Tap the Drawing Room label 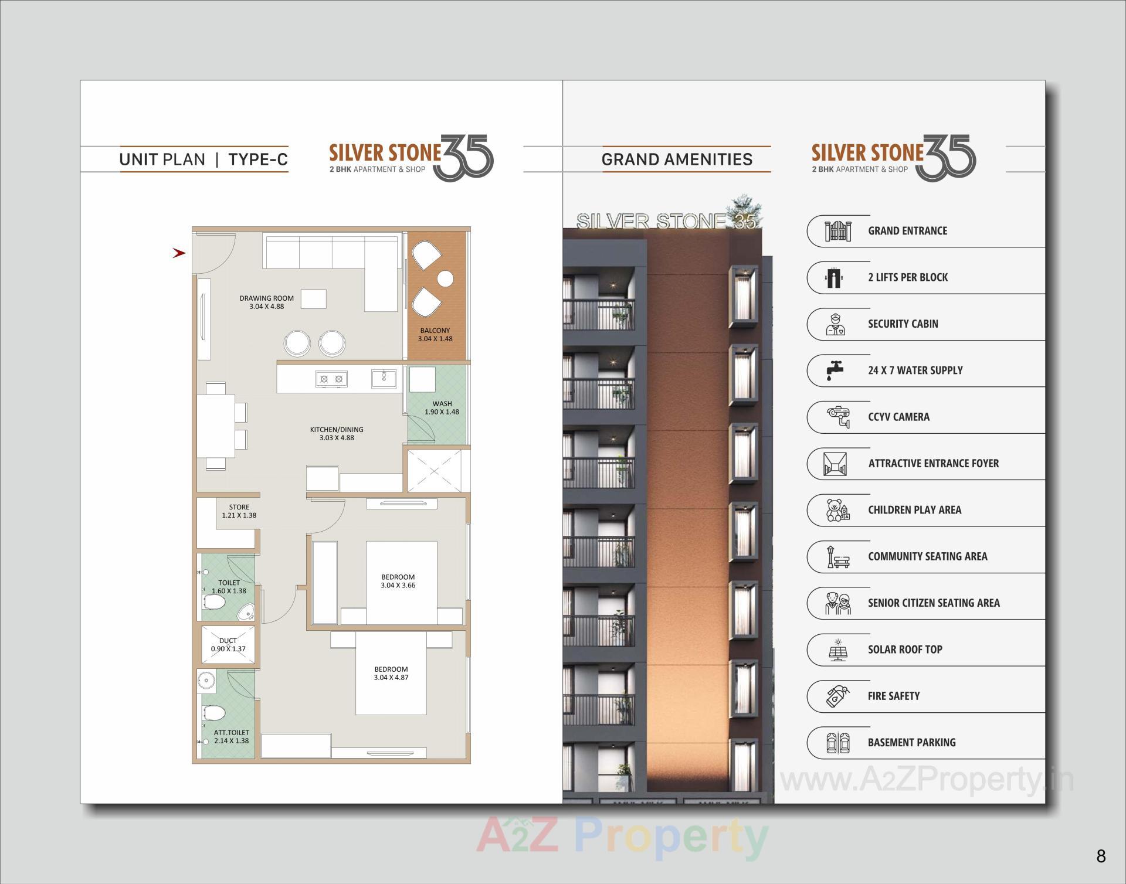(267, 298)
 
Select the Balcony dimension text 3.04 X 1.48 (435, 339)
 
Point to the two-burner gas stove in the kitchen (331, 379)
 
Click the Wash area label (442, 403)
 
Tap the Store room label (239, 507)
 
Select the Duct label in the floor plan (228, 641)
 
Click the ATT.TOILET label (232, 733)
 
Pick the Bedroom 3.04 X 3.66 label (398, 581)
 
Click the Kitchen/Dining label (337, 430)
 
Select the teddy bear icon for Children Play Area (835, 510)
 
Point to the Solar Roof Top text (905, 650)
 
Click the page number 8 (1101, 856)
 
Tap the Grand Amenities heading (677, 159)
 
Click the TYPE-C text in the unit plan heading (258, 159)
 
